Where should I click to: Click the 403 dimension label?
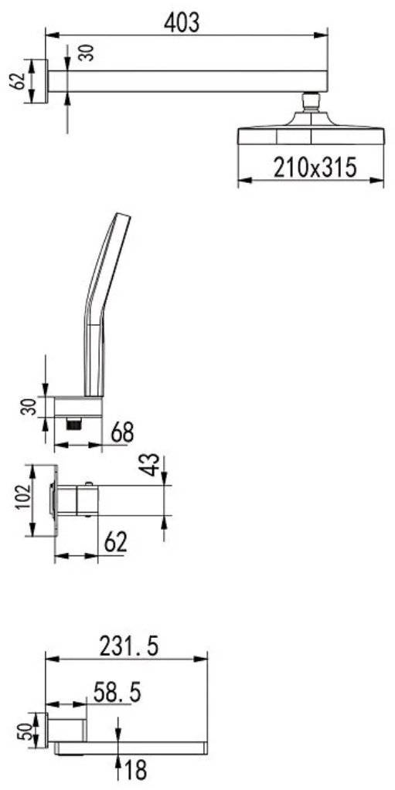[182, 22]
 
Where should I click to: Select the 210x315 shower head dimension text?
[315, 168]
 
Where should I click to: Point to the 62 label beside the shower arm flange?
[17, 80]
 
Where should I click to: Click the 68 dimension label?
[122, 432]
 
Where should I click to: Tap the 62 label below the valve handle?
[115, 543]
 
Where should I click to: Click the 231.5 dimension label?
[129, 646]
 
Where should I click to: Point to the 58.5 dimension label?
[117, 693]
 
